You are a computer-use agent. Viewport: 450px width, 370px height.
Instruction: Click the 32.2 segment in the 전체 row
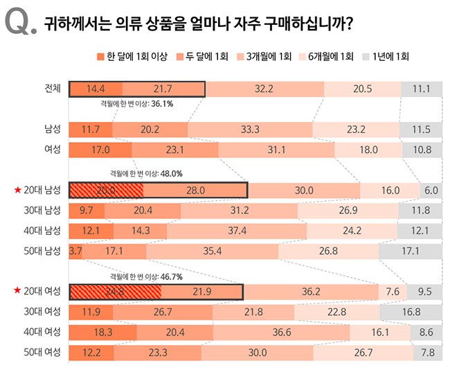point(264,89)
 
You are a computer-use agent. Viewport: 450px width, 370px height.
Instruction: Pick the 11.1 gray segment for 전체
point(421,89)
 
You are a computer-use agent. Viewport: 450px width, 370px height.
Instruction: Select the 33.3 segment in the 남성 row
point(250,129)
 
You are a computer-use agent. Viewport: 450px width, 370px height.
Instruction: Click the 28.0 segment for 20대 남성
point(195,190)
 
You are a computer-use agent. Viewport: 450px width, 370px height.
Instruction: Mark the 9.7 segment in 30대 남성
point(87,210)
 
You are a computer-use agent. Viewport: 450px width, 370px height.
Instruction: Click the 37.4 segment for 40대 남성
point(237,230)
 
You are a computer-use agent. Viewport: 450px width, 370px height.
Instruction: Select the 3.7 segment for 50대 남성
point(75,250)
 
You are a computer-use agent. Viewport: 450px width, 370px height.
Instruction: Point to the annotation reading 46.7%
point(171,276)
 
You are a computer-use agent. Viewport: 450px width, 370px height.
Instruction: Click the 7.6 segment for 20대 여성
point(392,292)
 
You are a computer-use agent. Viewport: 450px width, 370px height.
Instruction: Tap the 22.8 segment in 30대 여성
point(336,312)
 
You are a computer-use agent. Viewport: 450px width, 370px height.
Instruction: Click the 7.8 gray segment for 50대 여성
point(428,352)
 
